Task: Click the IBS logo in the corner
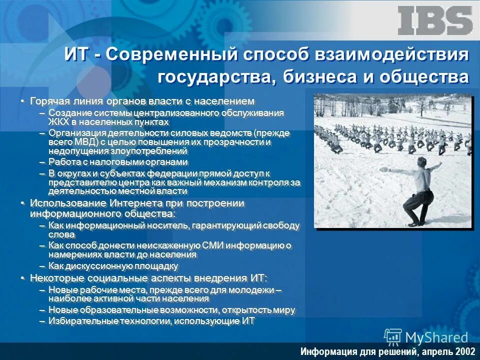tap(434, 20)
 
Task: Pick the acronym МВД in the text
tap(83, 142)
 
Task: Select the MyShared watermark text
tap(436, 337)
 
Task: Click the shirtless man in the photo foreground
tap(418, 192)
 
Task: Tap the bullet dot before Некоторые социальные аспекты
tap(22, 277)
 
